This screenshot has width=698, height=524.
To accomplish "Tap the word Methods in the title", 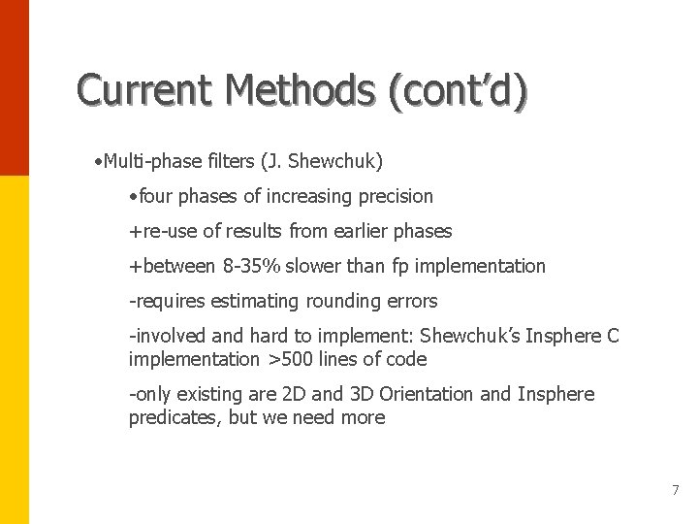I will [x=299, y=90].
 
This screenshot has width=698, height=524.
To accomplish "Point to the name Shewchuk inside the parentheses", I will [x=335, y=160].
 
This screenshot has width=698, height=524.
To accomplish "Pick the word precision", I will [x=396, y=196].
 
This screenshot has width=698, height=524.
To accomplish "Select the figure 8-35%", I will [x=252, y=266].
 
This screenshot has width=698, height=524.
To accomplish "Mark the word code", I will [x=407, y=359].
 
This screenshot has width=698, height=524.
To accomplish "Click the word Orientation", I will [x=427, y=394].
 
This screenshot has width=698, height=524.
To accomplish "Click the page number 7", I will [x=676, y=490].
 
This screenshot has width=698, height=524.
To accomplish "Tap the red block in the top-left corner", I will [x=14, y=87].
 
